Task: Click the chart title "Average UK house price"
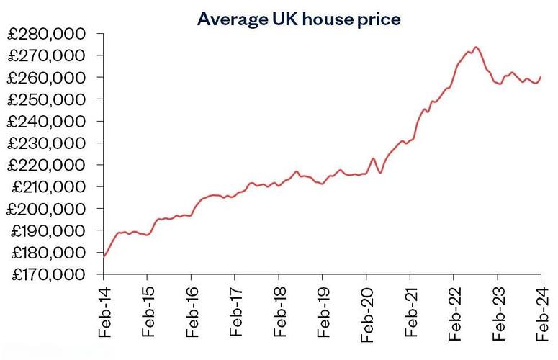[298, 19]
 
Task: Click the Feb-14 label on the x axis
[104, 313]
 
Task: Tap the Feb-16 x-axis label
[192, 313]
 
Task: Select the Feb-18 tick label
[279, 313]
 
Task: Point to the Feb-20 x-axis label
[366, 313]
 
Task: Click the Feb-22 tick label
[454, 313]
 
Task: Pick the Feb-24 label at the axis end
[541, 313]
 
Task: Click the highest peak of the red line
[476, 48]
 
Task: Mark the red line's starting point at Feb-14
[104, 256]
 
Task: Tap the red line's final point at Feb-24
[541, 76]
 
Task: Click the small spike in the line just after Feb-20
[373, 158]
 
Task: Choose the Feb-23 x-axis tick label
[498, 313]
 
